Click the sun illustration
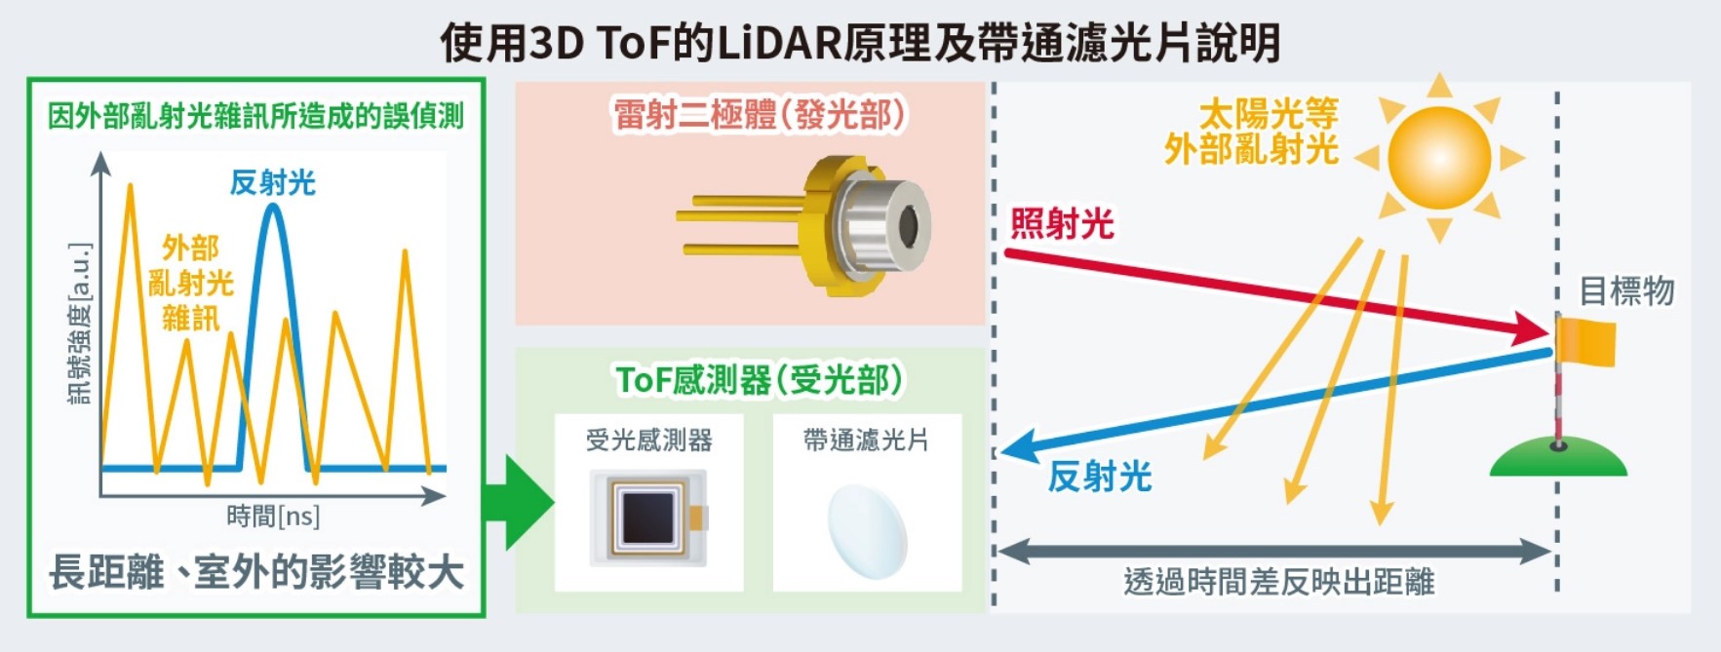(x=1439, y=157)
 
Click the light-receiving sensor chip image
(x=648, y=518)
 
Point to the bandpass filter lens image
(x=867, y=532)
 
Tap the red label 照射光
(x=1061, y=224)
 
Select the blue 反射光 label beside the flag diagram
(x=1099, y=477)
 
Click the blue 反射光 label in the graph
(x=272, y=183)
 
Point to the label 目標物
(x=1626, y=290)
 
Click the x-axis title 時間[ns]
(x=273, y=516)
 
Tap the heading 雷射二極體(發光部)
(x=759, y=115)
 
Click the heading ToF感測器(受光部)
(x=759, y=379)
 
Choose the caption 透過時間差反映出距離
(x=1278, y=582)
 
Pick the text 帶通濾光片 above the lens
(x=867, y=441)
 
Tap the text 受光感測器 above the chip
(x=648, y=441)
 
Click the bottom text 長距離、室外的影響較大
(x=255, y=572)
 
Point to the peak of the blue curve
(x=273, y=206)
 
